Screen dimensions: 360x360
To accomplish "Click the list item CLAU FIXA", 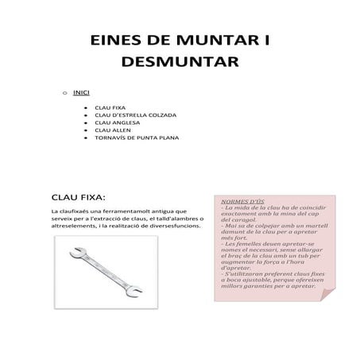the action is tap(110, 107).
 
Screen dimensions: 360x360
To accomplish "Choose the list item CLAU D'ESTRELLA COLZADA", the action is tap(135, 115).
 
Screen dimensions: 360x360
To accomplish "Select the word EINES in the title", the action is tap(111, 41).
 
